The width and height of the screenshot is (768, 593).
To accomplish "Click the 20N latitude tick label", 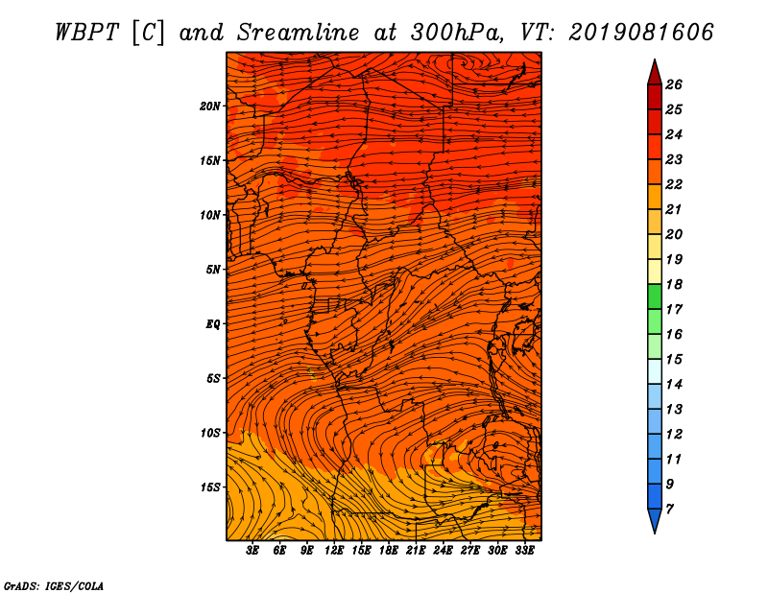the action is pos(209,107).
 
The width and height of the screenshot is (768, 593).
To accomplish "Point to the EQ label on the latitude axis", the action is pos(212,324).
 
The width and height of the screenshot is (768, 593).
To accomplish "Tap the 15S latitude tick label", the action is pos(209,487).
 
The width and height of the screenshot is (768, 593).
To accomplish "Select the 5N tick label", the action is pos(212,270).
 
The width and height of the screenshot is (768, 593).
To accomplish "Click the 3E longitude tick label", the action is pos(252,551).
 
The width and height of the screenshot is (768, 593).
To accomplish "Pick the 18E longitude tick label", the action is pos(389,551).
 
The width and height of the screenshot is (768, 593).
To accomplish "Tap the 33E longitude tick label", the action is pos(524,551).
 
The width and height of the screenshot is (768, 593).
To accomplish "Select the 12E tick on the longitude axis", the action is pos(334,551).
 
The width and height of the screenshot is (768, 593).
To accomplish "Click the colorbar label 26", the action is pos(674,84).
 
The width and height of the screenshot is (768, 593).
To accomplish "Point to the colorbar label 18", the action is pos(674,284).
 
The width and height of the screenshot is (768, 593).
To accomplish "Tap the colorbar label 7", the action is pos(669,510).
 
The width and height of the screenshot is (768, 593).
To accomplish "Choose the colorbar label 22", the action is pos(674,184).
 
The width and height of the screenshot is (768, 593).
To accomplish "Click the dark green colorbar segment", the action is pos(655,296).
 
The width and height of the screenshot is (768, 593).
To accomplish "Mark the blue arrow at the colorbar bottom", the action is pos(655,520).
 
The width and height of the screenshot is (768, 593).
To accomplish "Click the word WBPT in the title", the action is pos(86,33).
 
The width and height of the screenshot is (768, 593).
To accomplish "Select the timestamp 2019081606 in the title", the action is pos(641,33).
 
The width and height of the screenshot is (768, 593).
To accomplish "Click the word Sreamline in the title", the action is pos(298,33).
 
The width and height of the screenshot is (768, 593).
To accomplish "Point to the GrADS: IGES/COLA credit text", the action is pos(54,585).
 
